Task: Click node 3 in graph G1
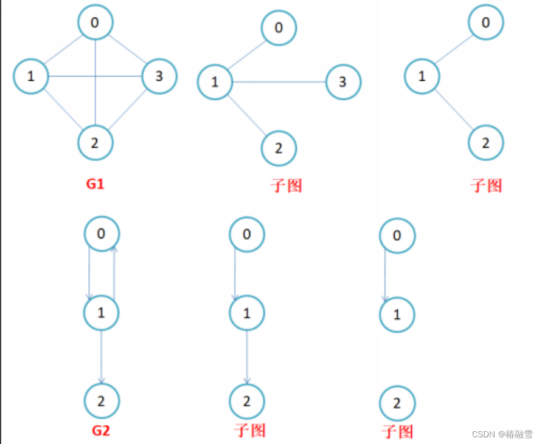(159, 77)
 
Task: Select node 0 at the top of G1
(96, 22)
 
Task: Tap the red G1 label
(96, 183)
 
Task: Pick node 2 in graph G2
(102, 401)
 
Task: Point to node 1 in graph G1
(30, 77)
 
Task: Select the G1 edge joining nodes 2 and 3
(128, 110)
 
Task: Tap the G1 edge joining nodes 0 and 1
(63, 49)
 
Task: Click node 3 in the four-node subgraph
(343, 82)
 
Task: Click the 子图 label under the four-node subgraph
(286, 185)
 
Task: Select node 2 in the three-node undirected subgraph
(485, 143)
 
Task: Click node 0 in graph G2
(102, 233)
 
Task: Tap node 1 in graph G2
(101, 313)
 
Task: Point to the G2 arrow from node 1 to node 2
(101, 358)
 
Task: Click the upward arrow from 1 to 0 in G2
(114, 273)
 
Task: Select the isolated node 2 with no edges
(397, 404)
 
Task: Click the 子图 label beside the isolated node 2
(397, 432)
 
